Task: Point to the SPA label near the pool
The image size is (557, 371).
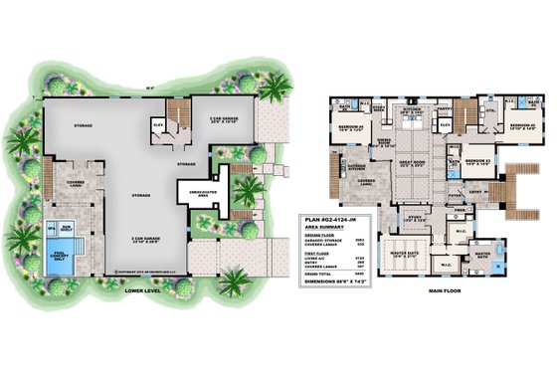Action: point(53,226)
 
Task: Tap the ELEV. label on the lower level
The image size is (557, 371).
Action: point(157,123)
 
